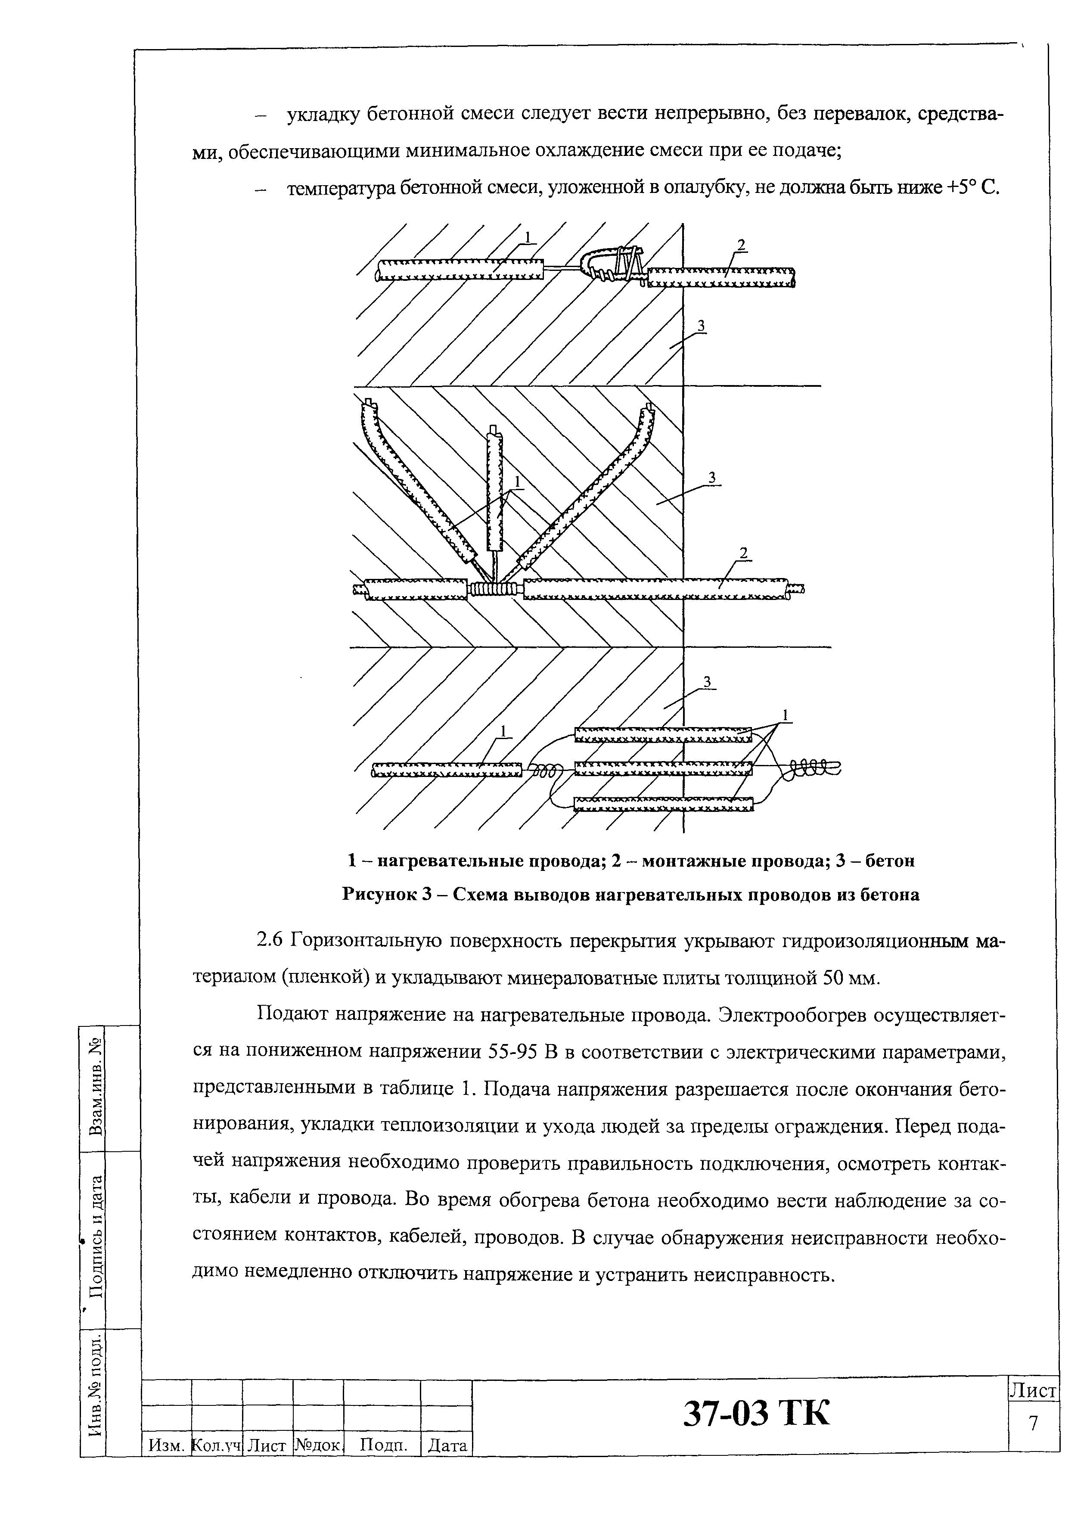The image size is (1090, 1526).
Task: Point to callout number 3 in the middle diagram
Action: click(x=712, y=477)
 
